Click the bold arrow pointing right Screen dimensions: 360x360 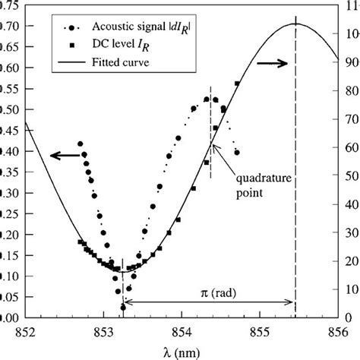[x=272, y=65]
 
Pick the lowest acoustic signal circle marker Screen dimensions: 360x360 [x=123, y=307]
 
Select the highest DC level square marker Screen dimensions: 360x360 [x=238, y=84]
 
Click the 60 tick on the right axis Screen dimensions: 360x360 [x=346, y=147]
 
